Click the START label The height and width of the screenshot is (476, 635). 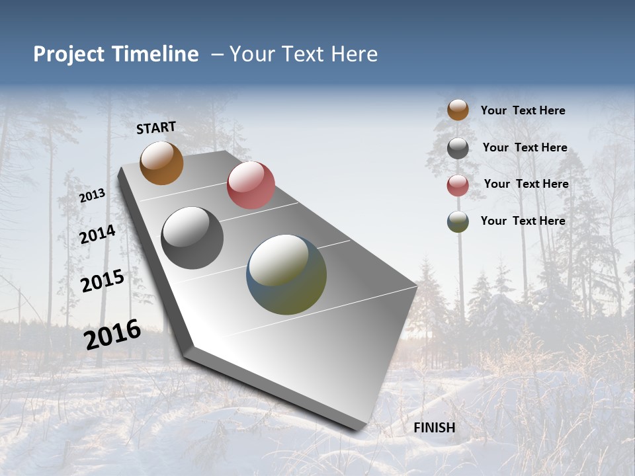(156, 128)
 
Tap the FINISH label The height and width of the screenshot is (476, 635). (434, 428)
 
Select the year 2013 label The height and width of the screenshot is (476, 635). (92, 196)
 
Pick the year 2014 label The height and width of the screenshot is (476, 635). (98, 234)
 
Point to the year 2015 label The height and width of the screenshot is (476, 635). (103, 281)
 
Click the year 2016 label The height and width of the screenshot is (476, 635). (112, 334)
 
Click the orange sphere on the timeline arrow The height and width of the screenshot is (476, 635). (161, 163)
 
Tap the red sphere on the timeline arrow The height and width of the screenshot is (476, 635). (251, 185)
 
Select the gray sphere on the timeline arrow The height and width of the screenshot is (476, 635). (192, 238)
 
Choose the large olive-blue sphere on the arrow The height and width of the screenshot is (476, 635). (286, 274)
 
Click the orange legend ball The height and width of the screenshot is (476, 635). (458, 110)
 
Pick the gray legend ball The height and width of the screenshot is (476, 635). (458, 148)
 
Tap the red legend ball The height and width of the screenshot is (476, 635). (458, 185)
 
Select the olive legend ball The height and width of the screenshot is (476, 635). (458, 221)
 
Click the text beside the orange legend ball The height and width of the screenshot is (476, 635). (523, 110)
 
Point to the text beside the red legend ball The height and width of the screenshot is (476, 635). (526, 184)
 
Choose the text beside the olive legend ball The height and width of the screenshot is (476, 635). (523, 221)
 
